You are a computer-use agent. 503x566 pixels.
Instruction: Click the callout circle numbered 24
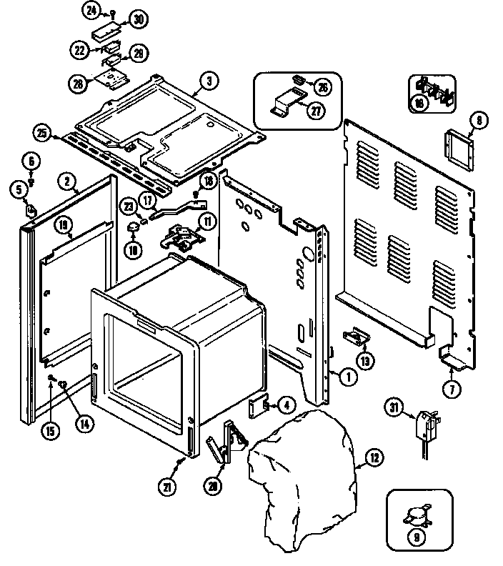point(91,10)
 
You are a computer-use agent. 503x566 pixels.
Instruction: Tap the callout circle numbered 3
point(207,81)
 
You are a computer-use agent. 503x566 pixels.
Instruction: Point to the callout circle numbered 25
point(43,133)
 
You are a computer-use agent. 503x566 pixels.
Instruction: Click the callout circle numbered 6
point(31,162)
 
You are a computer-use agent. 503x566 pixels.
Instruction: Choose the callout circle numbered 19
point(64,227)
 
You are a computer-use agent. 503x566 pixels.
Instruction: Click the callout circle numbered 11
point(206,221)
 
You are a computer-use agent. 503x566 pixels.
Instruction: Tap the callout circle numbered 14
point(84,422)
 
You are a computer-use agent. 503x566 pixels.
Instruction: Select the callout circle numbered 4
point(284,405)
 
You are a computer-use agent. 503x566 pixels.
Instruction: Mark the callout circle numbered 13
point(366,361)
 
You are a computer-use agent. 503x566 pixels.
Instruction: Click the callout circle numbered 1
point(347,377)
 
